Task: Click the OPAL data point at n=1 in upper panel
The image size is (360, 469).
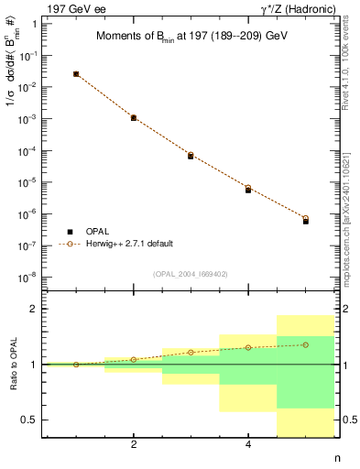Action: tap(76, 74)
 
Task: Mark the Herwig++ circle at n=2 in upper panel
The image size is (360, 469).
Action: tap(134, 117)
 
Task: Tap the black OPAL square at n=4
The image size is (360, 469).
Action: tap(248, 191)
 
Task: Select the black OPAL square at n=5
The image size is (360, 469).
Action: tap(306, 222)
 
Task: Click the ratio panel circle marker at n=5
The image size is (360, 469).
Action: tap(306, 344)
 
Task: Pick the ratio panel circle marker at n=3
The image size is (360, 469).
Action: tap(191, 353)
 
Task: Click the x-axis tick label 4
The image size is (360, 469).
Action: tap(248, 446)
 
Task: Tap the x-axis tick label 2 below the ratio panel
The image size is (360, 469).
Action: tap(134, 446)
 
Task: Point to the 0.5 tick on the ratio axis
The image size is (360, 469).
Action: tap(29, 420)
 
